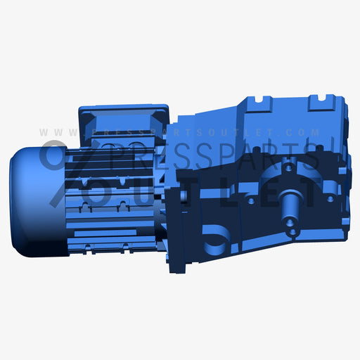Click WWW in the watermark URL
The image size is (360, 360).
pos(53,132)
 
